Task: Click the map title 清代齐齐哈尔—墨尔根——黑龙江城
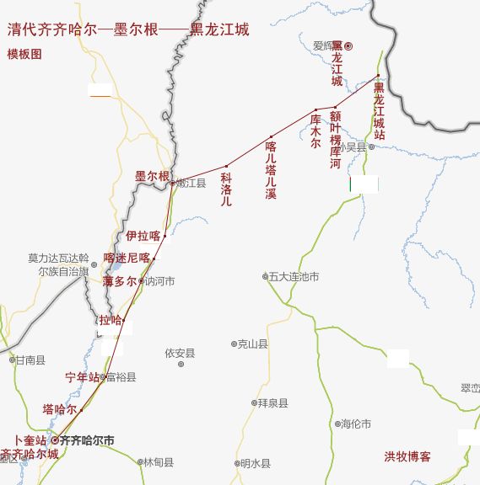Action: (128, 29)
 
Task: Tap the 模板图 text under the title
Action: (24, 54)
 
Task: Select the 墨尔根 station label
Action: (152, 176)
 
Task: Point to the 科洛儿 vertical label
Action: (225, 189)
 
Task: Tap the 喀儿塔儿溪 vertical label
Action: (271, 169)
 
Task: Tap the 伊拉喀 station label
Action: (143, 236)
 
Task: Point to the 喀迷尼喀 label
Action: (127, 258)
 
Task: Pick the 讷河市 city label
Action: (159, 281)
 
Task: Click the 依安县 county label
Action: (180, 353)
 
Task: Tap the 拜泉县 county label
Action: (272, 403)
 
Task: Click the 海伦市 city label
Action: (355, 424)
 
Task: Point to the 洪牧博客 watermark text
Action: (407, 456)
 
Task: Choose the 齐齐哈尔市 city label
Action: (87, 440)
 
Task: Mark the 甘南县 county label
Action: (30, 360)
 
